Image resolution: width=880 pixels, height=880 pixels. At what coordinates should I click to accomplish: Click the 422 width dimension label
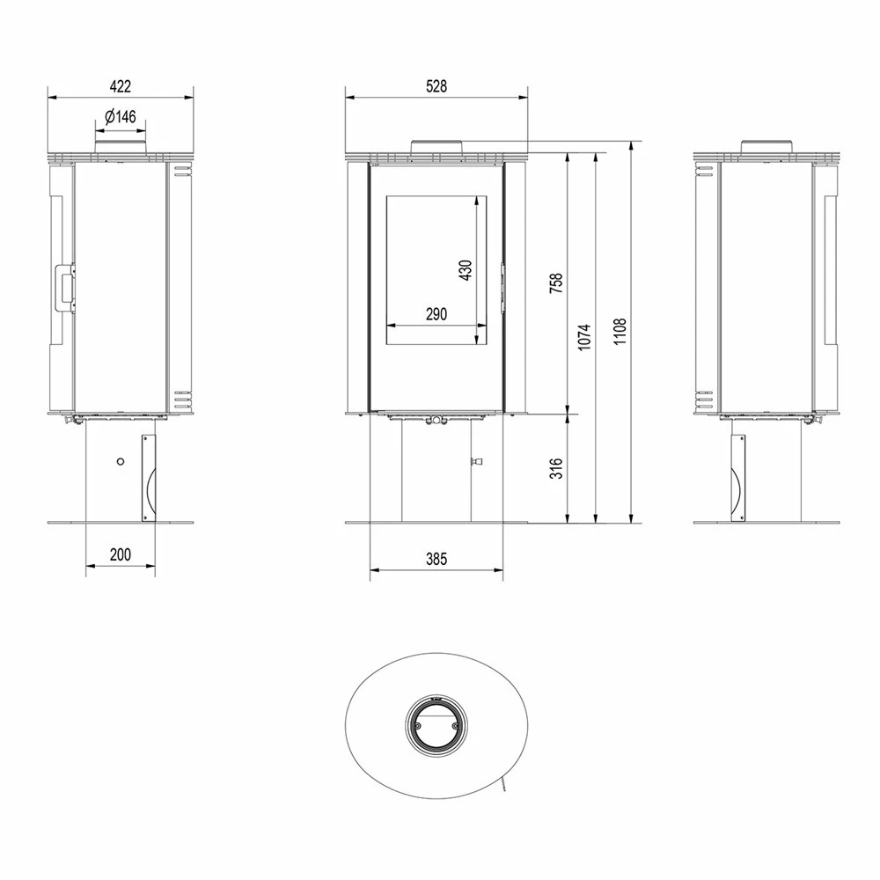click(120, 86)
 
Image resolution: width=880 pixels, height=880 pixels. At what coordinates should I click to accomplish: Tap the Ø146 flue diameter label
click(121, 117)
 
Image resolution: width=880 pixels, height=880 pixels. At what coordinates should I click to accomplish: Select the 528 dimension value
click(436, 86)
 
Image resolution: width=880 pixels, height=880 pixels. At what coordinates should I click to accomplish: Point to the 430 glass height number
click(466, 270)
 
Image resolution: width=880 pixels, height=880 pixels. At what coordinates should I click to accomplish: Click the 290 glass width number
click(436, 314)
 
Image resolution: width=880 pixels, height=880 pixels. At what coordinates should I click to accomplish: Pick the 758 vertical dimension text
click(555, 284)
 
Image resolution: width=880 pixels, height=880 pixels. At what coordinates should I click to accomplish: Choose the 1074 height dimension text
click(585, 337)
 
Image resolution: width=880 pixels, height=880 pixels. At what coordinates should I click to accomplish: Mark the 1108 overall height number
click(620, 331)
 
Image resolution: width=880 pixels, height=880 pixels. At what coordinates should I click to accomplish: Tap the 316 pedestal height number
click(555, 469)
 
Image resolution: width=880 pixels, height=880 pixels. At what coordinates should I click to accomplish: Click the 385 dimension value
click(436, 559)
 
